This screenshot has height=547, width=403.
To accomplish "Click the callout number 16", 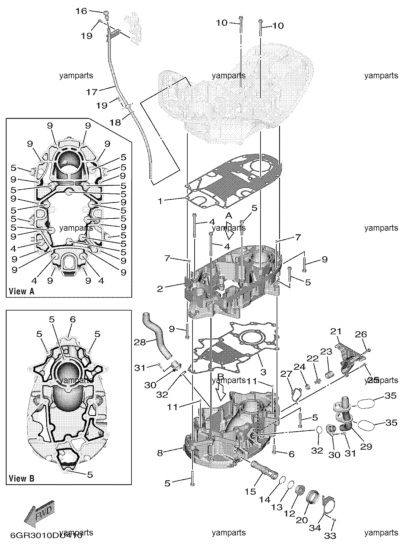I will pos(81,11).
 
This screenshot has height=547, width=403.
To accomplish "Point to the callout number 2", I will pos(160,288).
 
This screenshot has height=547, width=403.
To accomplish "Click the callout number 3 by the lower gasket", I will pos(263,372).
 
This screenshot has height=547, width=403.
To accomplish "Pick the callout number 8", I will pos(160,453).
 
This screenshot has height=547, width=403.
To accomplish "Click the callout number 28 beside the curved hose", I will pos(140,342).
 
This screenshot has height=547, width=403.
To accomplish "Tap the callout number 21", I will pos(336,331).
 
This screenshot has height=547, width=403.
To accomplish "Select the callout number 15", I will pos(250,492).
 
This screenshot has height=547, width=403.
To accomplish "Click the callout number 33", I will pos(330,536).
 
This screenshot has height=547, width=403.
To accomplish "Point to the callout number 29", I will pos(366,446).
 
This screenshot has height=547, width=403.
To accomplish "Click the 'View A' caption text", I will pos(22,291).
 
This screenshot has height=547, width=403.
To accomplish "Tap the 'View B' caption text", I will pos(22,478).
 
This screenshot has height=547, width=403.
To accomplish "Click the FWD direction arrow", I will pos(39,514).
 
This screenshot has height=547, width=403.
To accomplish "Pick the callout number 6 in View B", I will pos(73,319).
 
